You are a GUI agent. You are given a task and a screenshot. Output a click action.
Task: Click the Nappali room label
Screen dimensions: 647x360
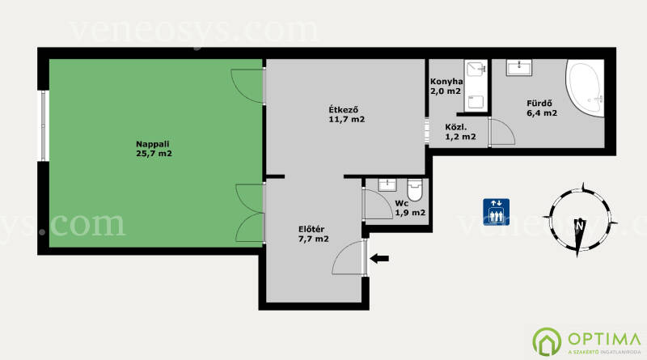point(153,145)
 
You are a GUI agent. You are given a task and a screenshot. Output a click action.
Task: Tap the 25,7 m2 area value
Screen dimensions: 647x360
point(154,154)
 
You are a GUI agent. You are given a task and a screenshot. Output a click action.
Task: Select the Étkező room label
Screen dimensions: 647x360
point(343,110)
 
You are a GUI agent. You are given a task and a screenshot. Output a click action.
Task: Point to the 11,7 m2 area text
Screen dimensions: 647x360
point(347,119)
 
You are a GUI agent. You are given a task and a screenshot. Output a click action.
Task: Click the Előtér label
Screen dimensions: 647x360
point(311,229)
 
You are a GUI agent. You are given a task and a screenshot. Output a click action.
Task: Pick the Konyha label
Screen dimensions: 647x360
point(446,82)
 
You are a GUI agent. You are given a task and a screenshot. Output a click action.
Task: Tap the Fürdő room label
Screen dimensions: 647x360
point(539,104)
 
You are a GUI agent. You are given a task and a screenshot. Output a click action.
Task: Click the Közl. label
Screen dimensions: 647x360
point(456,127)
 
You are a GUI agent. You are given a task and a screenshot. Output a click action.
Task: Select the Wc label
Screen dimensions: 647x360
point(401,204)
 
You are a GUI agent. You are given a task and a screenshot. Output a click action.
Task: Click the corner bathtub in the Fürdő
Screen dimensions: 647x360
point(586,88)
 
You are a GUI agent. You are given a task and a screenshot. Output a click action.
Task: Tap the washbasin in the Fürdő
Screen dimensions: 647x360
point(519,68)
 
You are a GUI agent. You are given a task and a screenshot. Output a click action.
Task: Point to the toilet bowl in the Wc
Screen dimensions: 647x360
point(415,190)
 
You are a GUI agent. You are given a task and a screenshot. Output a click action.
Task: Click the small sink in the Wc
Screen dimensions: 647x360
point(387,184)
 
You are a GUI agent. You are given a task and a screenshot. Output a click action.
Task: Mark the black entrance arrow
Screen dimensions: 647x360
point(379,259)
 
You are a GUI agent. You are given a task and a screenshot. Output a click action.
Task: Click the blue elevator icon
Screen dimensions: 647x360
point(496,212)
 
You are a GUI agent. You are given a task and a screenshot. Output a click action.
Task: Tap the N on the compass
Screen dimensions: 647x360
point(580,226)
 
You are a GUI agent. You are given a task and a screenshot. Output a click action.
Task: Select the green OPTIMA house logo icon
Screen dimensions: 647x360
point(547,341)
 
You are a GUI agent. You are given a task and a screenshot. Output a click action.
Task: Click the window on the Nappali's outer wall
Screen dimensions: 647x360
point(44,125)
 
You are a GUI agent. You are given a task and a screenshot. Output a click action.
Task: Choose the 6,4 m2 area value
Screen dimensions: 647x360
point(542,112)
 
